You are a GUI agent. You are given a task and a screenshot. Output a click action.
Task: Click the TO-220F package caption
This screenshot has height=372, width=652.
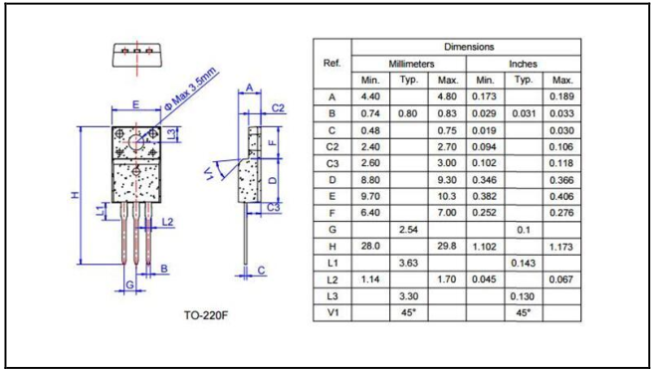(207, 315)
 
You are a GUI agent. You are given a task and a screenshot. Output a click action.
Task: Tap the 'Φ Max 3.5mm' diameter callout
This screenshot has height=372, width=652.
(192, 89)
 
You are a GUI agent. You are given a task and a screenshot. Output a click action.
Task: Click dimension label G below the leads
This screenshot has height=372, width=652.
(129, 285)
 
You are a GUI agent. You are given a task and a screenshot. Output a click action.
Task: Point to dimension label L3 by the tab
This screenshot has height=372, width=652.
(170, 134)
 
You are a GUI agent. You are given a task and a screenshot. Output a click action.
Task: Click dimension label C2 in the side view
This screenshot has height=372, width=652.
(278, 108)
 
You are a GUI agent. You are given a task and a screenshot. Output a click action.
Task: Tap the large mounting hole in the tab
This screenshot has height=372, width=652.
(136, 142)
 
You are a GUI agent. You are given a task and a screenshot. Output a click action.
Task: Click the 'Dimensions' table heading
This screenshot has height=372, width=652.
(469, 47)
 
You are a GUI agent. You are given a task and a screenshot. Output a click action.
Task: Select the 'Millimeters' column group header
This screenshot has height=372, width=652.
(411, 64)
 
